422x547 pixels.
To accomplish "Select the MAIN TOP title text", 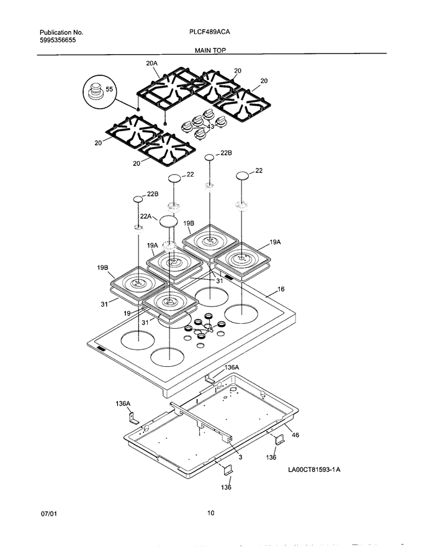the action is pos(210,50).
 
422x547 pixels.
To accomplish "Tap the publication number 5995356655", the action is pos(58,40).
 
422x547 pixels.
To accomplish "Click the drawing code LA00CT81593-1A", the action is pos(314,469).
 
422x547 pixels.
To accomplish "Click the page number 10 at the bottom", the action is pos(210,513).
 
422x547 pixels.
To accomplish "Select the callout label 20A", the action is pos(151,63).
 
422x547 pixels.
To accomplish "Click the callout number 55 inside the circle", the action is pos(109,90).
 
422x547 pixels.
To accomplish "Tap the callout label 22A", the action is pos(146,216).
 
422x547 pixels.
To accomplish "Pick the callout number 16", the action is pos(281,289).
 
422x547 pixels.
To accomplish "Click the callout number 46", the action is pos(295,435).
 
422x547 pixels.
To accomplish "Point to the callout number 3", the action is pos(240,457).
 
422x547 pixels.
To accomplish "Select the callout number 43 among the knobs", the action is pos(210,126).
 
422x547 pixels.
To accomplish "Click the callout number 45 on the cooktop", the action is pos(210,330).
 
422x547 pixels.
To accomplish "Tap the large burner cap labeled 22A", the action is pos(168,221).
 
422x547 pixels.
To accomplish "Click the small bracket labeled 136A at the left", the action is pos(133,418).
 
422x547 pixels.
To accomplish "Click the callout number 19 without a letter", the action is pos(127,313).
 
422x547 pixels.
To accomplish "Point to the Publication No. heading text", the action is pos(61,32).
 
